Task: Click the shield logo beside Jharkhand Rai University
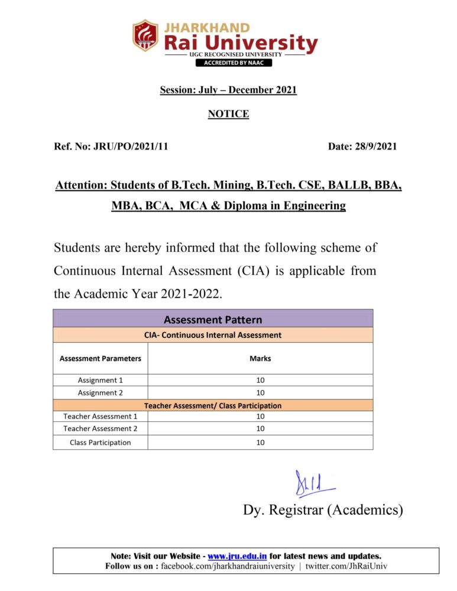pos(145,36)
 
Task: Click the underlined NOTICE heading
pos(228,114)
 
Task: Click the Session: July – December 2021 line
pos(228,90)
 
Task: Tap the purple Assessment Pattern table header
pos(213,320)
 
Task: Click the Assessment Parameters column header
pos(101,358)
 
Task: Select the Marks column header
pos(260,358)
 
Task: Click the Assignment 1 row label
pos(101,380)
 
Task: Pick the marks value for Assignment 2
pos(260,392)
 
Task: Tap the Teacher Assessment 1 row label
pos(101,416)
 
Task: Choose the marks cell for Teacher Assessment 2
pos(260,428)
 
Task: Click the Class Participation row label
pos(101,442)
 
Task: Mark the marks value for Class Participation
pos(260,442)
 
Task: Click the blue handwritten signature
pos(313,485)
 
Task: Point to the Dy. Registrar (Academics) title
pos(323,509)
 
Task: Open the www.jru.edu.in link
pos(237,556)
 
